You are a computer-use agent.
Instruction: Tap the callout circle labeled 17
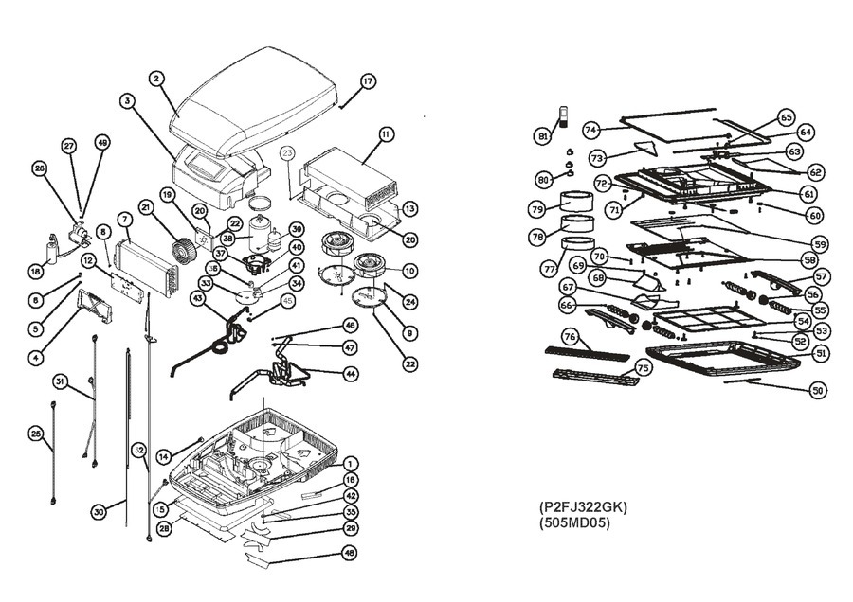coord(368,80)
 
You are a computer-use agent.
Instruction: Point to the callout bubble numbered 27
coord(69,146)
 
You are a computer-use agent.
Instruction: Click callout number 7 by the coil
coord(123,220)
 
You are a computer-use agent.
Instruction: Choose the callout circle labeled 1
coord(351,464)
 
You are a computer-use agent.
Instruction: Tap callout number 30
coord(98,511)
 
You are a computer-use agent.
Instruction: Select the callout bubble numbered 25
coord(36,434)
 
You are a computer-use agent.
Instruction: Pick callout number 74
coord(590,129)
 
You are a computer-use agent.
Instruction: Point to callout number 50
coord(817,390)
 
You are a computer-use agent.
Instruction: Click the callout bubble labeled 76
coord(570,336)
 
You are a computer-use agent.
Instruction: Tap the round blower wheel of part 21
coord(183,249)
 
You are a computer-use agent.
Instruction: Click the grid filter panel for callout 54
coord(702,318)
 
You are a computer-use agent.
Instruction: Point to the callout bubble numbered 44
coord(350,374)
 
